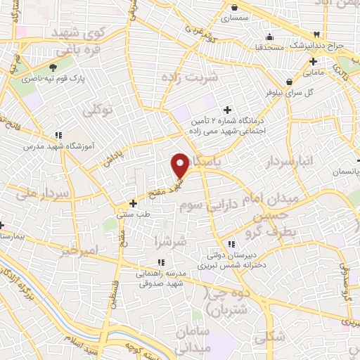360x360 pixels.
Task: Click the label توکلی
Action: [x=98, y=110]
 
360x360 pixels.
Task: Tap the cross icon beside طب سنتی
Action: [x=133, y=203]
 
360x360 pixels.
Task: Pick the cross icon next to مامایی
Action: [x=312, y=60]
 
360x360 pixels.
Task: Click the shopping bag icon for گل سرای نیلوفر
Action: [x=289, y=81]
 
